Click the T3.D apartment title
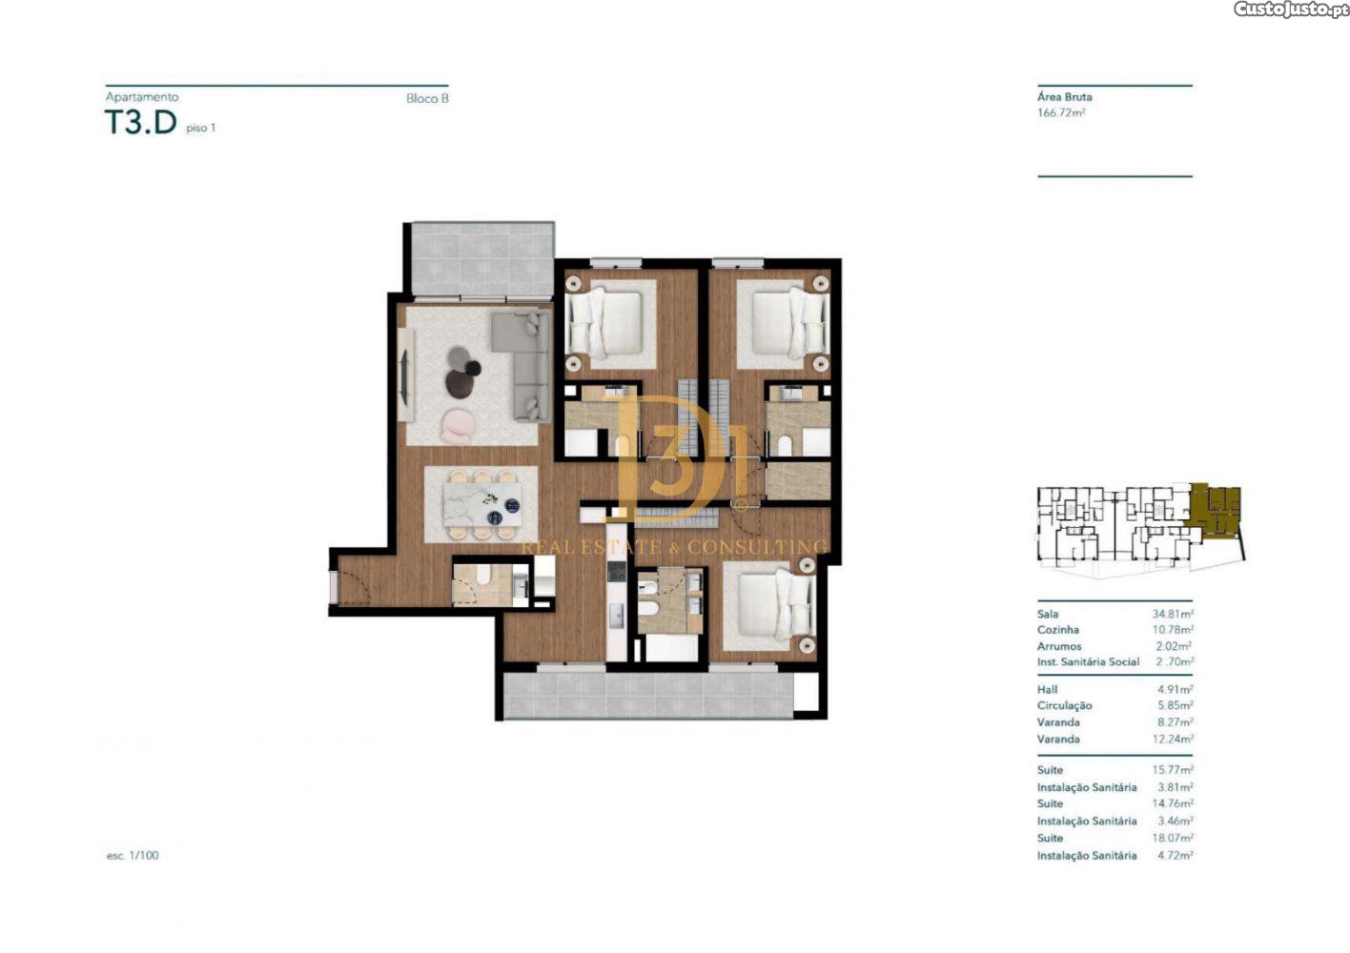(141, 122)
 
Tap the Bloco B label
(427, 98)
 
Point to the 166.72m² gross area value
(1061, 112)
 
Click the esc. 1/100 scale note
(133, 856)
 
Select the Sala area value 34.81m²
(1173, 614)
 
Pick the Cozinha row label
(1057, 630)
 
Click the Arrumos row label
(1059, 646)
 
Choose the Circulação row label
(1064, 705)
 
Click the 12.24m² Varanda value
(1173, 740)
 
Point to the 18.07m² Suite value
(1173, 838)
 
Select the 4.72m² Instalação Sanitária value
(1176, 856)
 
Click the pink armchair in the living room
(458, 426)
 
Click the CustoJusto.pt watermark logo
(1290, 9)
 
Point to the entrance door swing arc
(361, 580)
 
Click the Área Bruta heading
(1064, 97)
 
